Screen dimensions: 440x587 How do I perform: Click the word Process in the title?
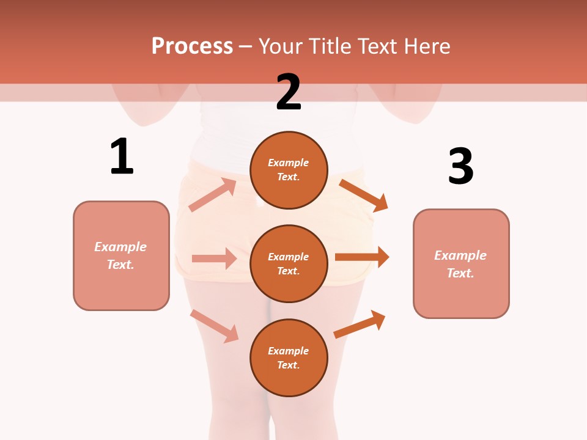tap(192, 46)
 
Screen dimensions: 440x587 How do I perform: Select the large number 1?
tap(122, 156)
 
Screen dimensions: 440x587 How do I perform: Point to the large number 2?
tap(289, 92)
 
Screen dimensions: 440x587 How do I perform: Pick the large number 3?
tap(460, 166)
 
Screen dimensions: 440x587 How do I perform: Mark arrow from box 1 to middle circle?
tap(214, 258)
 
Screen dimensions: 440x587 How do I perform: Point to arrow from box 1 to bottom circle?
tap(215, 326)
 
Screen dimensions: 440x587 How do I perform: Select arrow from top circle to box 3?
tap(363, 195)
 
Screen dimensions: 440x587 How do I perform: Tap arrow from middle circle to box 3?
tap(362, 257)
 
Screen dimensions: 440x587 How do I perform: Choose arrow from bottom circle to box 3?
tap(360, 324)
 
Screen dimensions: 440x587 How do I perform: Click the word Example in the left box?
tap(120, 247)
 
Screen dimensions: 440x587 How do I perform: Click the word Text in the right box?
tap(460, 273)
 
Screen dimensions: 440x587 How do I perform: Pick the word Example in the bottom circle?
tap(289, 351)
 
